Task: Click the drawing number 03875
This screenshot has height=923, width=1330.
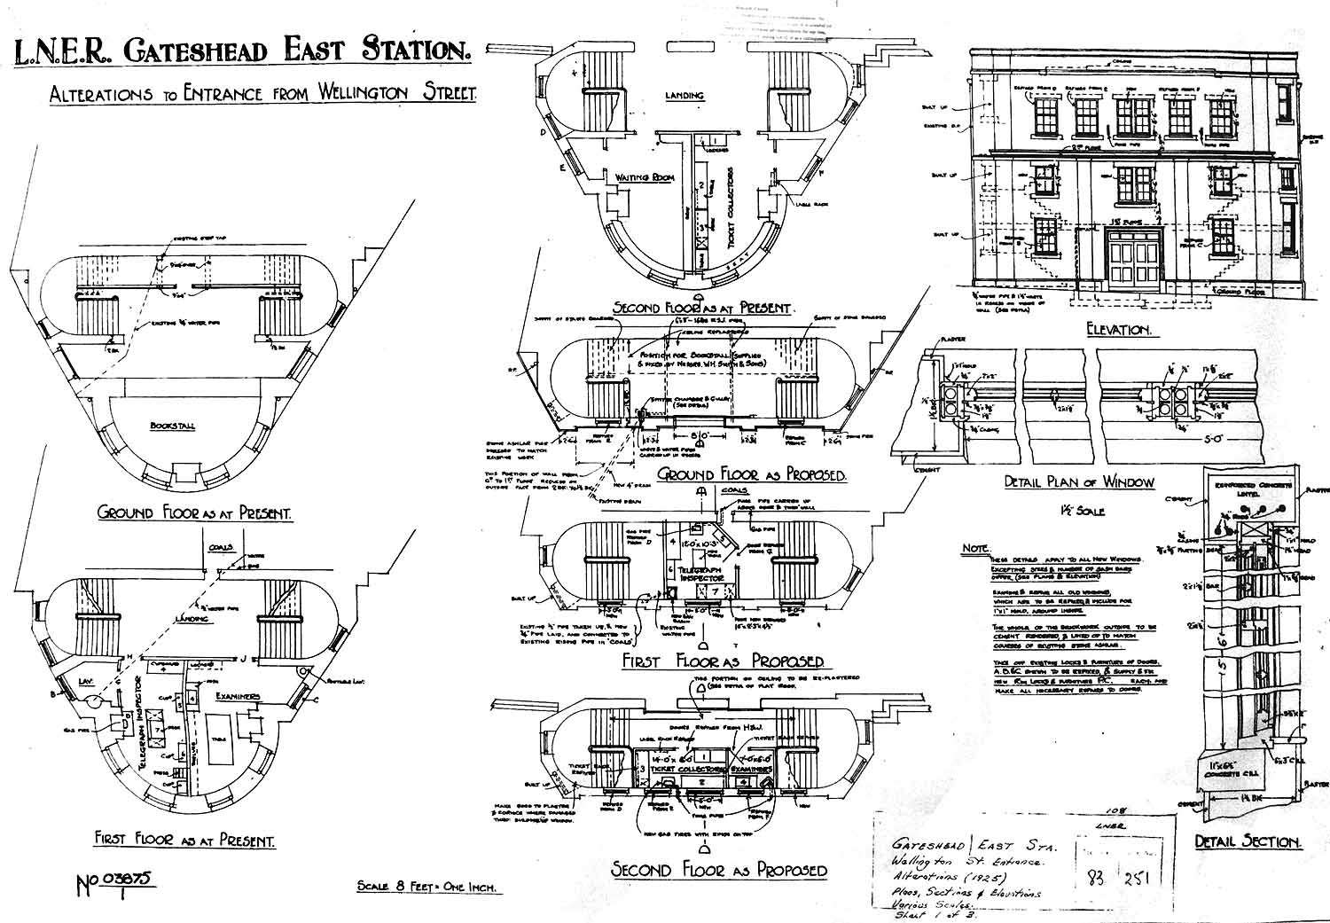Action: click(129, 880)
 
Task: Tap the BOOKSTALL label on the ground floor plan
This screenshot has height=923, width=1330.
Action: click(172, 426)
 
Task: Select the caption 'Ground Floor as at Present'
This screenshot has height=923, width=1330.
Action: click(194, 512)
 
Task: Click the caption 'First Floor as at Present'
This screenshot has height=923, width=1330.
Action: click(184, 839)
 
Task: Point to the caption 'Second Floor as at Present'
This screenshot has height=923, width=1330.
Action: click(701, 308)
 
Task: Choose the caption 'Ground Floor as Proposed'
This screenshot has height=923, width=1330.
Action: click(751, 474)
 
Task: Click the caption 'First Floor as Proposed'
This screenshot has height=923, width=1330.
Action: click(723, 661)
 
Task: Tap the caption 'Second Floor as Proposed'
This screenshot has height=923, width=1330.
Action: click(718, 870)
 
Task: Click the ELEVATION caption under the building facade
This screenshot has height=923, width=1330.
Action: click(1118, 330)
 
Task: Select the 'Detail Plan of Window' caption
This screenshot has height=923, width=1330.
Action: click(1079, 482)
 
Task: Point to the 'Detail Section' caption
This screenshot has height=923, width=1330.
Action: click(1247, 841)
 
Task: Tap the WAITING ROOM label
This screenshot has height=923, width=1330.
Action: click(645, 177)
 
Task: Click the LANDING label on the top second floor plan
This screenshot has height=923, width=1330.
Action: click(685, 95)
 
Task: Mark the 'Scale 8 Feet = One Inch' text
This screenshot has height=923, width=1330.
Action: click(426, 886)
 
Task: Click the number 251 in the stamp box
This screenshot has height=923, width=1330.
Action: click(1138, 878)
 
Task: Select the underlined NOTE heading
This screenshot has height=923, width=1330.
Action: click(975, 549)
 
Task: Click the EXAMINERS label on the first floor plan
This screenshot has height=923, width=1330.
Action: click(237, 696)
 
